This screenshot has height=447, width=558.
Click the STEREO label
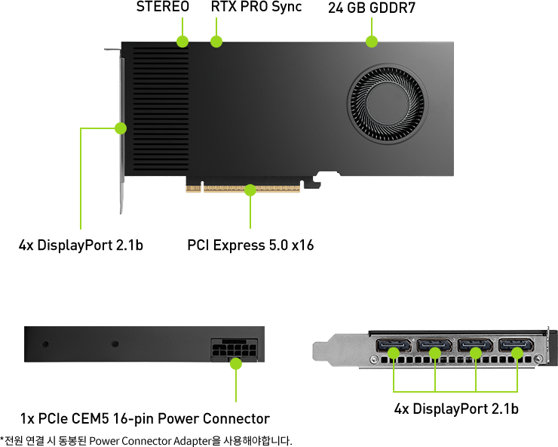163,6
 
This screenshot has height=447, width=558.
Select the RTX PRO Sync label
256,7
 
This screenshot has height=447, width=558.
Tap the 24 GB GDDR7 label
372,8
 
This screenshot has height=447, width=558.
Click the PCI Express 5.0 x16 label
250,245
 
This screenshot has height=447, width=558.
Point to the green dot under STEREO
182,42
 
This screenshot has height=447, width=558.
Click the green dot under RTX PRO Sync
216,42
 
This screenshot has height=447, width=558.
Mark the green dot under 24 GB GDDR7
372,42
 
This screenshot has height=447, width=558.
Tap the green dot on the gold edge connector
250,190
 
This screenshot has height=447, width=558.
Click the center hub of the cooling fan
387,103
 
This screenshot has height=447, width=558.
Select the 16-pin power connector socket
235,350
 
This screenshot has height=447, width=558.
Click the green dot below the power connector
236,364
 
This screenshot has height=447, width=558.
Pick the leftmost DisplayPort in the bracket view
393,345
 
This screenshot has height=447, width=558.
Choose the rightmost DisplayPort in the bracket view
517,345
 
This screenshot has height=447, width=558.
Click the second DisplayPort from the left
434,345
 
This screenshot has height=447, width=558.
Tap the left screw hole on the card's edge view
45,344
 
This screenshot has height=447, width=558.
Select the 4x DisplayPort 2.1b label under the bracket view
456,408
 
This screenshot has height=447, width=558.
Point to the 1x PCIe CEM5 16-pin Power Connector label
145,418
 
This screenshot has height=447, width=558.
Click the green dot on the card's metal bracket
121,128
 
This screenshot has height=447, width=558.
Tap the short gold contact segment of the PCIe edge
193,188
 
